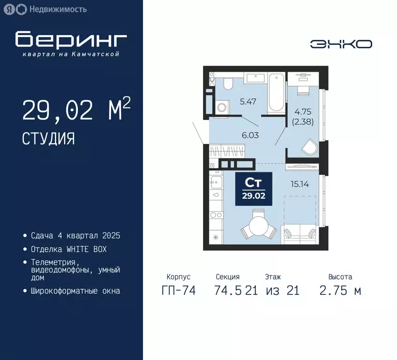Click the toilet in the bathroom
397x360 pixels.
[228, 84]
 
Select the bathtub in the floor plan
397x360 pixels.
[276, 92]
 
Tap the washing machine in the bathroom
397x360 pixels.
[222, 107]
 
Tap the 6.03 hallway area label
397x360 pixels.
[250, 135]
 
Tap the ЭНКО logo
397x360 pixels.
[341, 44]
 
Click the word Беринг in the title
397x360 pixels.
[70, 40]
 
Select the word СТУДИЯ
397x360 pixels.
[48, 138]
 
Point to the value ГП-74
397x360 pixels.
[178, 291]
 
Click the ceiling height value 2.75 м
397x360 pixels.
[340, 291]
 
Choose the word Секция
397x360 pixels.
[228, 277]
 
